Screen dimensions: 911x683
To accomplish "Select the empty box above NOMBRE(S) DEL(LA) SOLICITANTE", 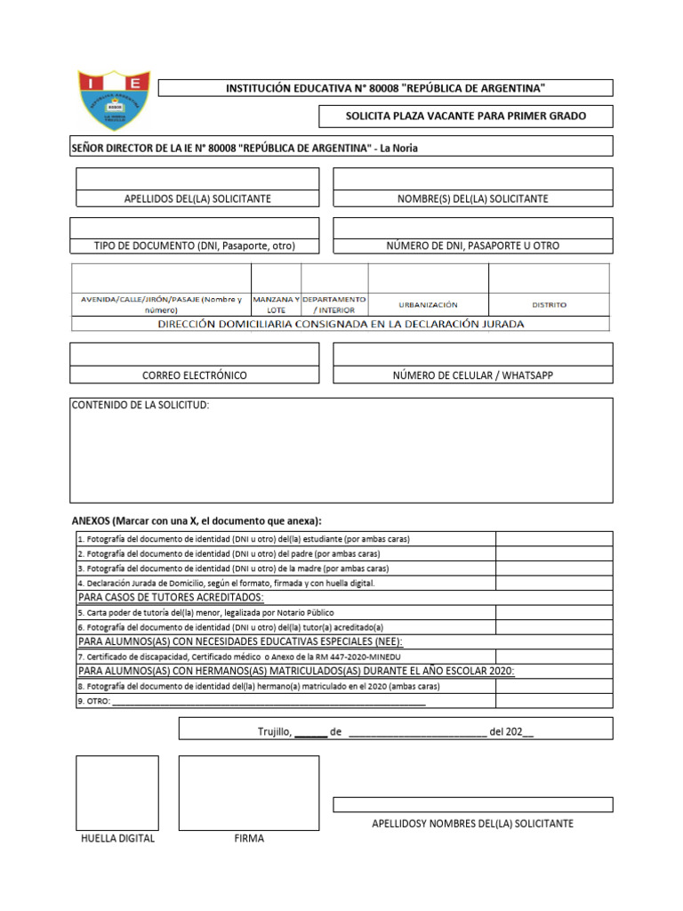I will (472, 179).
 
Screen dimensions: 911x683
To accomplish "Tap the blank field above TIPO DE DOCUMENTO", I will (194, 228).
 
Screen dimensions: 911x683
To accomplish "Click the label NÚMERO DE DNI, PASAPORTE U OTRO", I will (472, 246).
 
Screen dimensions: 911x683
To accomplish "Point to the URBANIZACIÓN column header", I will (428, 304).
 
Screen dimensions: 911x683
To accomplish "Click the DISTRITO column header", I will (549, 304).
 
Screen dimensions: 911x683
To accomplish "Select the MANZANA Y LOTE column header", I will (277, 304).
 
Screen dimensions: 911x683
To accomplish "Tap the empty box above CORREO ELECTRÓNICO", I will (194, 354).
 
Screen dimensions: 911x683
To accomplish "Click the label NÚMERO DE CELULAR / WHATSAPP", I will (472, 375).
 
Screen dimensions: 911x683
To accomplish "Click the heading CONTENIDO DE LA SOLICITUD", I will (141, 406).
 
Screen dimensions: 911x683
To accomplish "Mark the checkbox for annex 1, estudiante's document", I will (553, 539).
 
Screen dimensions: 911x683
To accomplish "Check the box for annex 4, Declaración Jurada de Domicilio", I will (553, 583).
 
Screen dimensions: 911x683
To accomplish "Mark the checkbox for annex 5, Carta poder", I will (553, 612).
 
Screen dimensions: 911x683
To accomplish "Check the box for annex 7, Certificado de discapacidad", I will (553, 657).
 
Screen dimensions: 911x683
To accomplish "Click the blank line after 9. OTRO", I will (267, 701).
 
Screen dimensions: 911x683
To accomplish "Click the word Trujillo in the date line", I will (274, 731).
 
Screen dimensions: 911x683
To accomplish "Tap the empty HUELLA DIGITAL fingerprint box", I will (117, 793).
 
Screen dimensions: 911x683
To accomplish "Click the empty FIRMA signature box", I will (248, 793).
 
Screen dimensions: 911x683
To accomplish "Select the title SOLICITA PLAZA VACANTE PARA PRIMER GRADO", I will (465, 117).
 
